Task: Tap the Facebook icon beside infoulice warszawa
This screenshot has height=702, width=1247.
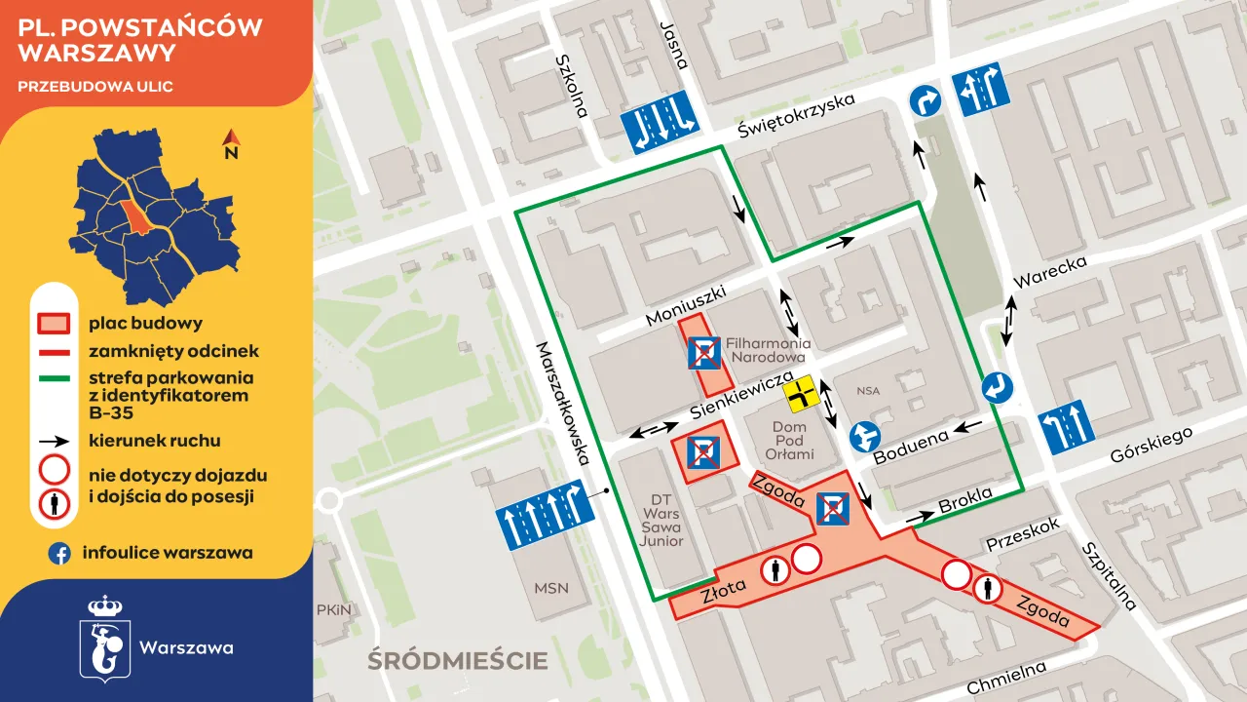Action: (59, 554)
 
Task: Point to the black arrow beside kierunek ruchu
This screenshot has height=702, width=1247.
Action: (54, 442)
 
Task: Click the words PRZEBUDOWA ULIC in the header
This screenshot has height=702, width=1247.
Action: (95, 87)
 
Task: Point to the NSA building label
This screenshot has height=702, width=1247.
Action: (868, 391)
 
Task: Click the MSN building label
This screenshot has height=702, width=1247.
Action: (551, 588)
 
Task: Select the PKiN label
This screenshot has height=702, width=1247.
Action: (333, 609)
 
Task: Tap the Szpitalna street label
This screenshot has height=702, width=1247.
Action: (1109, 575)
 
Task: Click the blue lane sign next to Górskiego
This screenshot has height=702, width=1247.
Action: (1066, 427)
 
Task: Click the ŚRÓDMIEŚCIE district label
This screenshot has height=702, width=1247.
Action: (457, 661)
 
